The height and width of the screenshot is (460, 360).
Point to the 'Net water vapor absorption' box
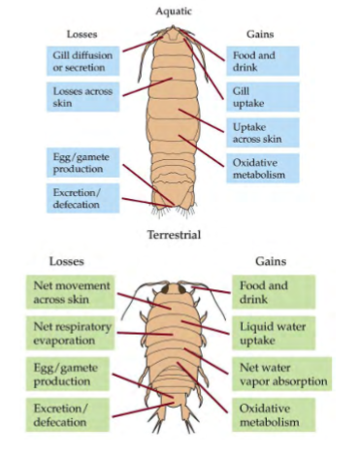[x=280, y=376]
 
